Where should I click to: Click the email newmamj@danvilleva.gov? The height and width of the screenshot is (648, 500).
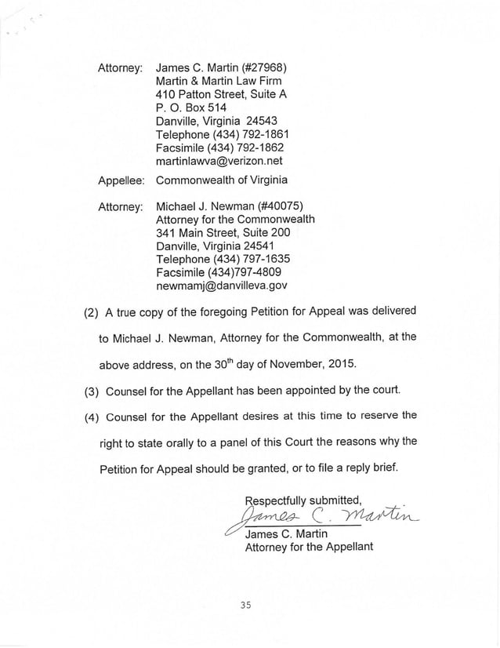click(x=222, y=286)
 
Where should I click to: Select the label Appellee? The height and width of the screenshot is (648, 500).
click(x=119, y=181)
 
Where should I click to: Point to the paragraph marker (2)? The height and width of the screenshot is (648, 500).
click(x=92, y=311)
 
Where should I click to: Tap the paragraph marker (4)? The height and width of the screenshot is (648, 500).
click(x=92, y=416)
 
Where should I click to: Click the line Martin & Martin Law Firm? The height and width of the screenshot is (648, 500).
click(x=219, y=82)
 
